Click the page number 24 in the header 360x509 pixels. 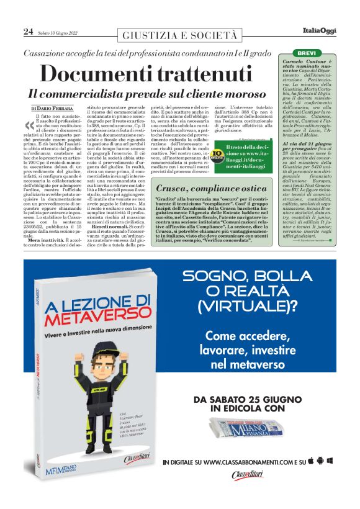tap(29, 31)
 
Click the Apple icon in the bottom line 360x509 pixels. tap(319, 461)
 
